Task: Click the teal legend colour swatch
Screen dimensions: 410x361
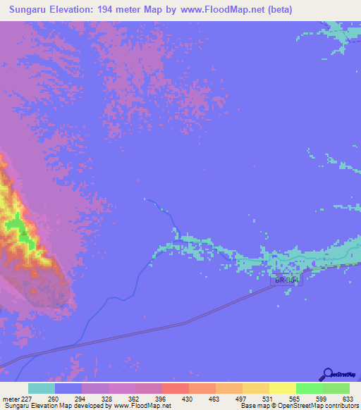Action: point(42,388)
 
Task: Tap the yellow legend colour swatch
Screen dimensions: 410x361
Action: point(283,388)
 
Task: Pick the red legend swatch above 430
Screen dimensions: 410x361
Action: point(176,388)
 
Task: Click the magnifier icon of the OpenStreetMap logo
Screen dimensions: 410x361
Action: point(327,374)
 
